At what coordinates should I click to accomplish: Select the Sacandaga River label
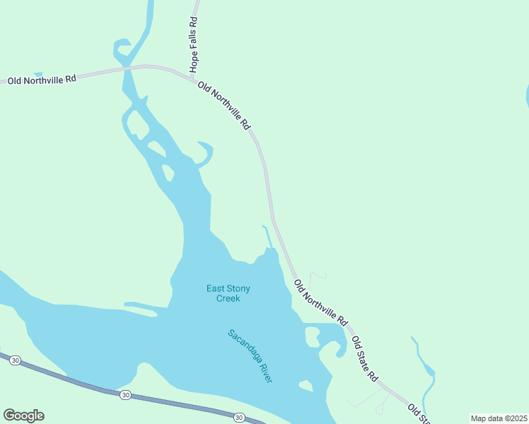[250, 356]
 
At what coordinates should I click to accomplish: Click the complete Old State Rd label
[365, 359]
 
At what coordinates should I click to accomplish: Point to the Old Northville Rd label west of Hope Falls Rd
[42, 80]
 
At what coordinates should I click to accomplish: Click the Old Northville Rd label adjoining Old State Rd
[321, 302]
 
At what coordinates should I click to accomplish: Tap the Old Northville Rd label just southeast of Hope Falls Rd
[224, 105]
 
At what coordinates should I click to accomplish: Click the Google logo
[23, 416]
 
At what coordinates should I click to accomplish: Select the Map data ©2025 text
[499, 418]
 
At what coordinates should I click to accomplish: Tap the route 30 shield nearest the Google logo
[16, 360]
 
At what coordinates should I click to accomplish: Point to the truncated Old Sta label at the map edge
[418, 414]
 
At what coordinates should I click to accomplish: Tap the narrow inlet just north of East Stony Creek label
[267, 237]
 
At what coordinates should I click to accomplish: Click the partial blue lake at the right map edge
[526, 95]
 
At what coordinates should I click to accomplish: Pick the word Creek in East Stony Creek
[228, 298]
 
